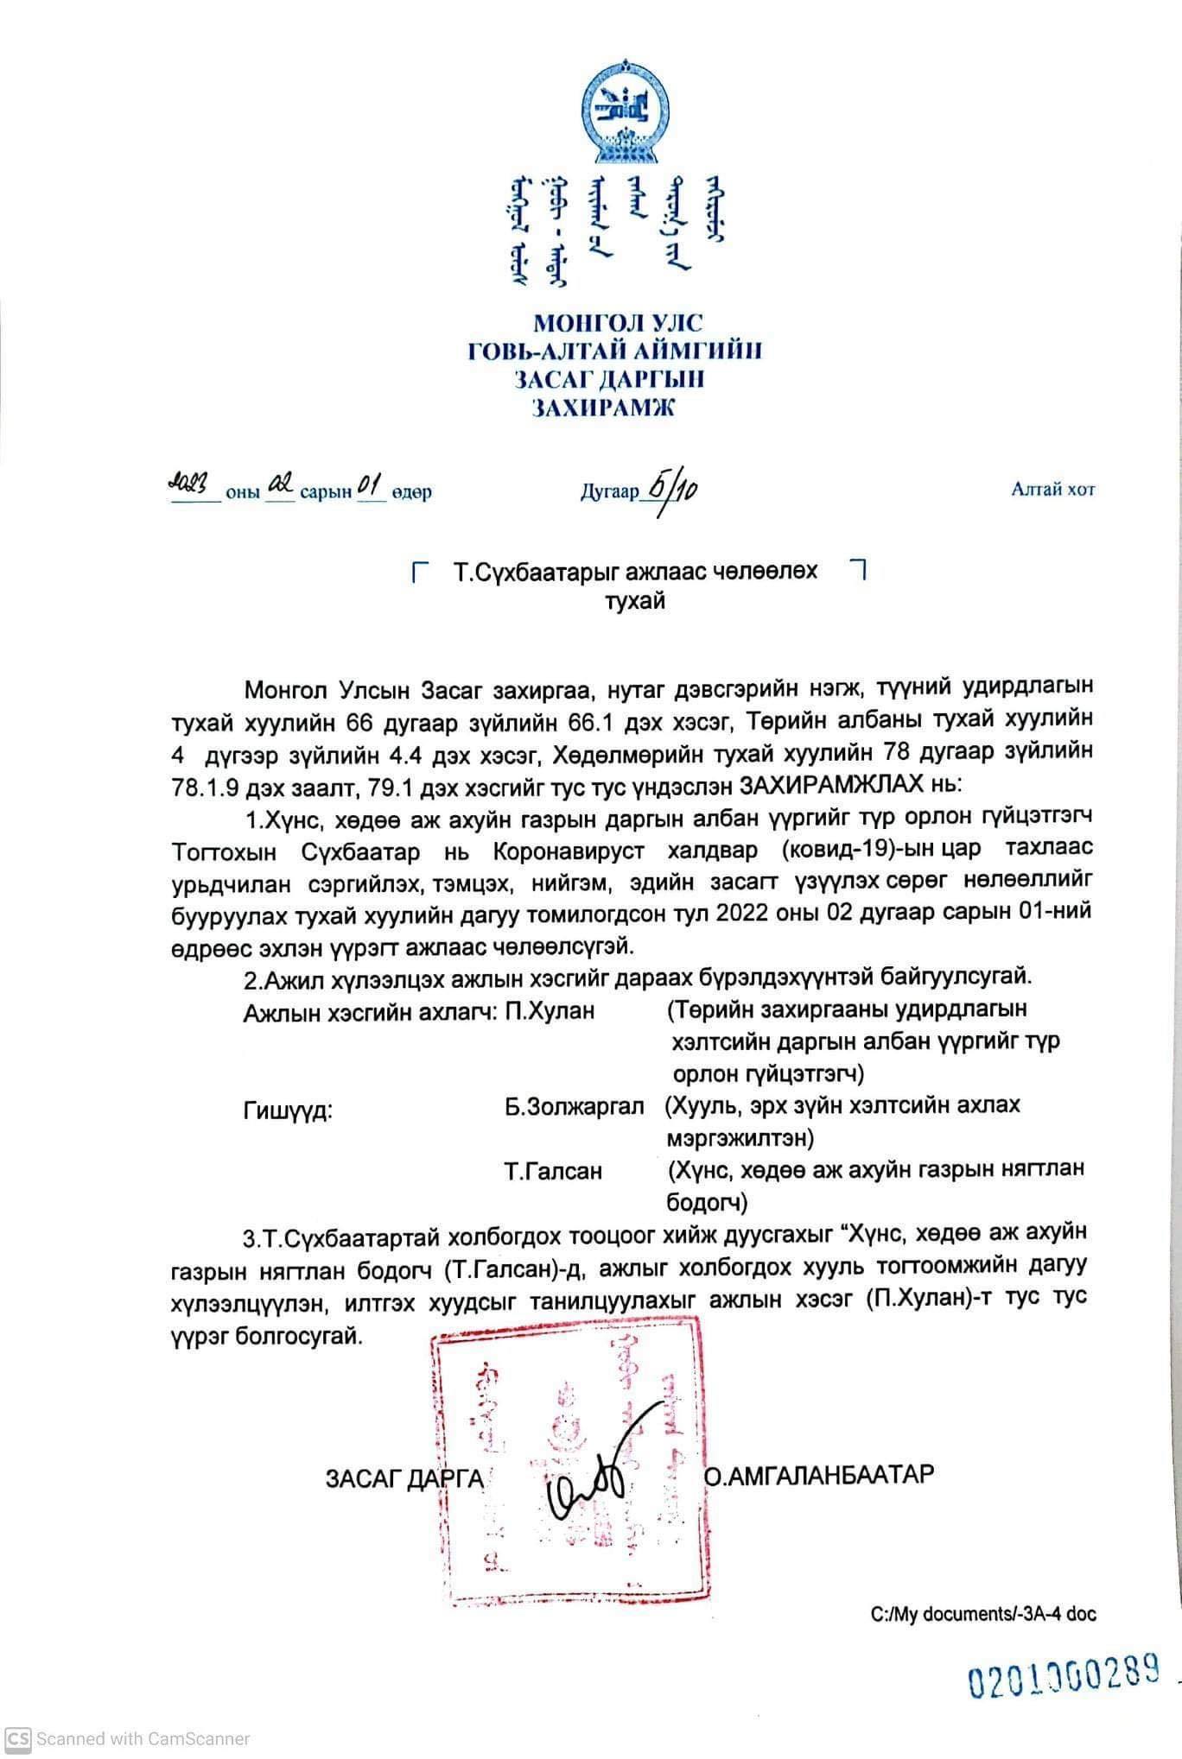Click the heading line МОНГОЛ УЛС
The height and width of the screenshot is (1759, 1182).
pos(618,324)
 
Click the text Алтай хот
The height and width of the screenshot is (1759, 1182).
pos(1052,490)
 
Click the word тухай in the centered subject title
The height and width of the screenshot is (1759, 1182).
pos(635,602)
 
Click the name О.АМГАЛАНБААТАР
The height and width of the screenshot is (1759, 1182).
pos(819,1474)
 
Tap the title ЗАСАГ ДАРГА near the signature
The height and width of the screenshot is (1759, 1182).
pos(404,1478)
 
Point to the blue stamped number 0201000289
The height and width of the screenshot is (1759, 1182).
pos(1062,1679)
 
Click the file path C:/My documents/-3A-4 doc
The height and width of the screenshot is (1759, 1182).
pos(983,1614)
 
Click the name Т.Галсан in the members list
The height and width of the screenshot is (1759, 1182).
pos(554,1172)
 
